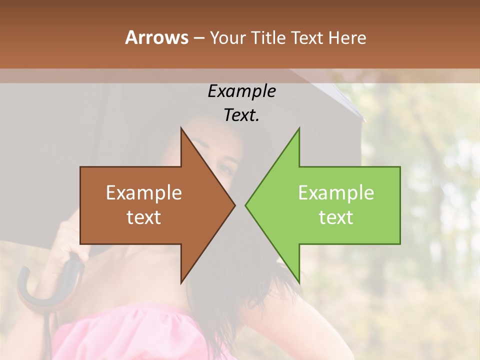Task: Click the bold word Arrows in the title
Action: pyautogui.click(x=156, y=37)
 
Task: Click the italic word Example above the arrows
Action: pyautogui.click(x=241, y=91)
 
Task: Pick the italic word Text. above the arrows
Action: pyautogui.click(x=241, y=115)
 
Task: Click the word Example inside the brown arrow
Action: pyautogui.click(x=144, y=193)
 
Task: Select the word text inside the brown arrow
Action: pyautogui.click(x=144, y=217)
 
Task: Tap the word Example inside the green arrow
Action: pyautogui.click(x=336, y=193)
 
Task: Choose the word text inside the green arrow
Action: pyautogui.click(x=336, y=217)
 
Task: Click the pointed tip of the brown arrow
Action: pyautogui.click(x=234, y=205)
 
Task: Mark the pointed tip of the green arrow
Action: pyautogui.click(x=246, y=205)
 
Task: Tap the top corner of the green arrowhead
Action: pyautogui.click(x=299, y=129)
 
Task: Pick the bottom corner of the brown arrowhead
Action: pyautogui.click(x=181, y=282)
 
